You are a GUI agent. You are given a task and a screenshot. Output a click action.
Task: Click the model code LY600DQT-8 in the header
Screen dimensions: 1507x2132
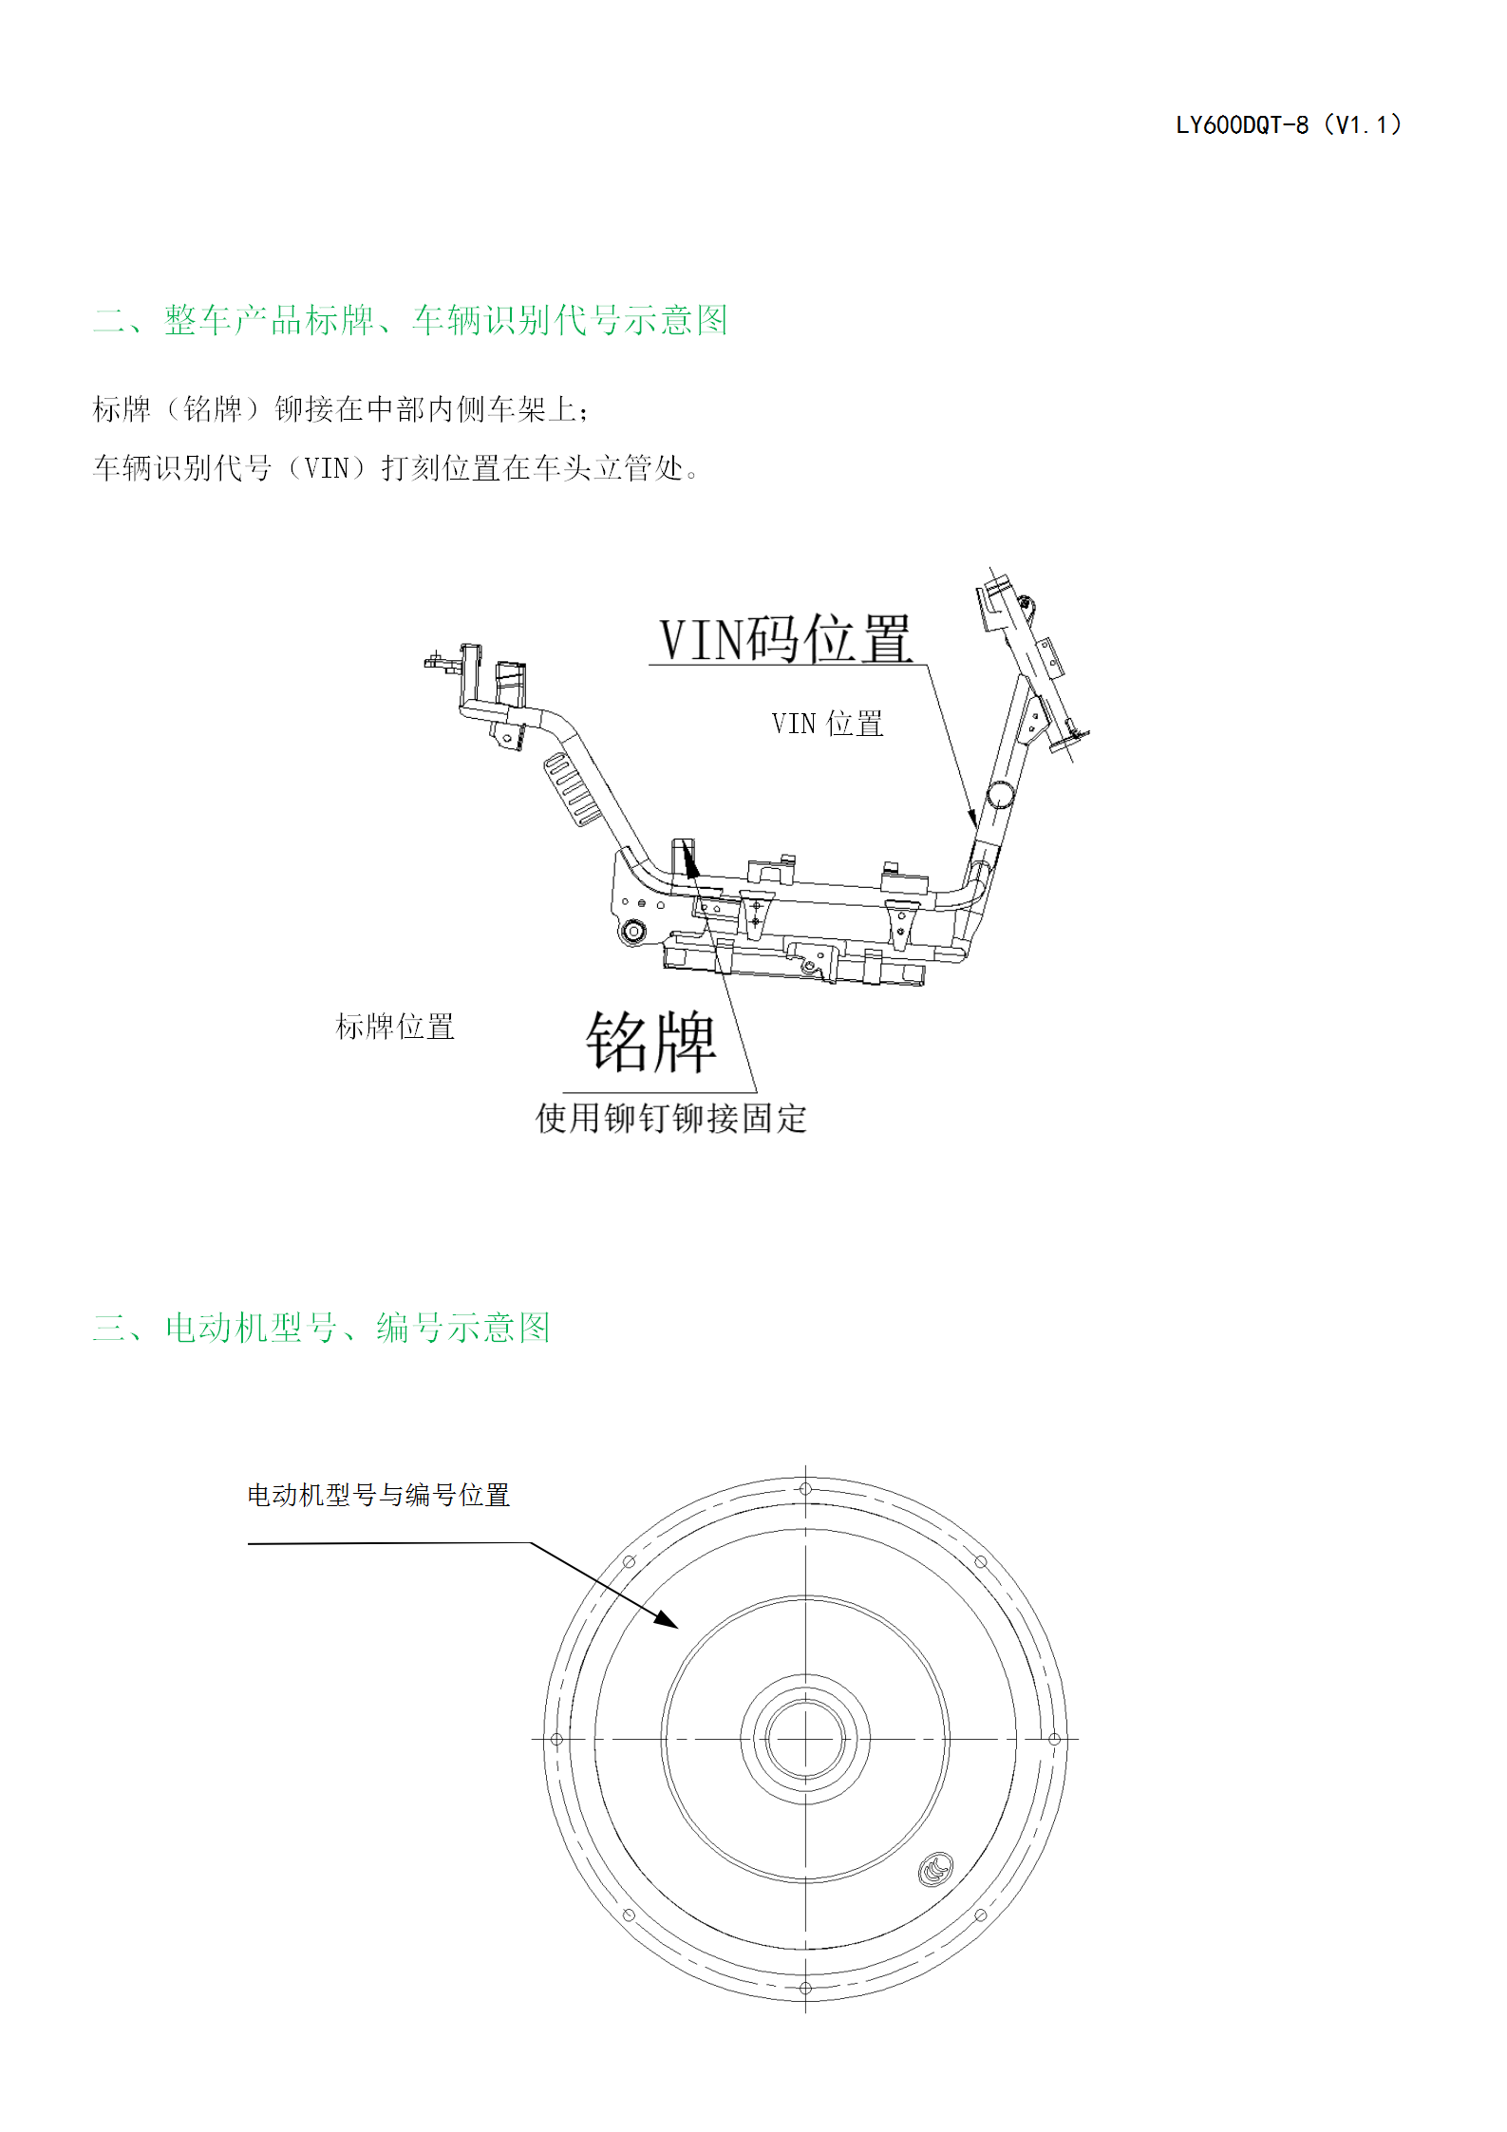[x=1242, y=125]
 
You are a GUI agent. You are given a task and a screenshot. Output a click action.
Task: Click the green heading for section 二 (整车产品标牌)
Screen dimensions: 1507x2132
[x=410, y=320]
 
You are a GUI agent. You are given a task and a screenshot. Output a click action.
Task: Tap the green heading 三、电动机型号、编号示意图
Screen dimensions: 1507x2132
[x=321, y=1327]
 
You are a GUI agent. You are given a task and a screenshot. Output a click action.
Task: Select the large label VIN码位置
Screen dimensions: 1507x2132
[x=785, y=638]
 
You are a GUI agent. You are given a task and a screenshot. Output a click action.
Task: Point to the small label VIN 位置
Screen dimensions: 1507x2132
[x=827, y=724]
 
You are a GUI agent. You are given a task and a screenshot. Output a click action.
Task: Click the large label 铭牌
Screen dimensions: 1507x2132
[x=650, y=1042]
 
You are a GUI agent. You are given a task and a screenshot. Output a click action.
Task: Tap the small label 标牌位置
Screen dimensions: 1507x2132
[x=395, y=1027]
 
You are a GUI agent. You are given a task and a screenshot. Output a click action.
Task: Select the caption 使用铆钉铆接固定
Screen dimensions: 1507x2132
[x=671, y=1118]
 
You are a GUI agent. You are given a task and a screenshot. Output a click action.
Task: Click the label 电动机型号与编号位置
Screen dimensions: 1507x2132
[x=379, y=1495]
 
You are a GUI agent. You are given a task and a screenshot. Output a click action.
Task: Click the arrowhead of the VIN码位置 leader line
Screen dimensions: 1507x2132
[x=971, y=817]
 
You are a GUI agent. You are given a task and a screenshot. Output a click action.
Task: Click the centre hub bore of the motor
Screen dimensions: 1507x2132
[x=805, y=1739]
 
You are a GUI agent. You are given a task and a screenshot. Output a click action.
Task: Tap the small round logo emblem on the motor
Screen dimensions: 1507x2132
[x=935, y=1870]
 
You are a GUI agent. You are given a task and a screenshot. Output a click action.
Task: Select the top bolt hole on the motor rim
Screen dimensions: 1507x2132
[x=805, y=1489]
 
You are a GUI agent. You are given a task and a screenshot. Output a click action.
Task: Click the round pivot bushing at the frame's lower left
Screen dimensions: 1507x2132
[x=631, y=931]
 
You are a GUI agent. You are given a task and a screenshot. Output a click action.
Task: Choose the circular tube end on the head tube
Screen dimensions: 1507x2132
[x=1000, y=794]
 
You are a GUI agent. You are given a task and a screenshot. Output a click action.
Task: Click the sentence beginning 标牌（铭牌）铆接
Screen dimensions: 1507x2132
[x=342, y=409]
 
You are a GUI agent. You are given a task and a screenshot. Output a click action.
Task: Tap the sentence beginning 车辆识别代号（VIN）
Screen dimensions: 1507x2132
[x=397, y=467]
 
